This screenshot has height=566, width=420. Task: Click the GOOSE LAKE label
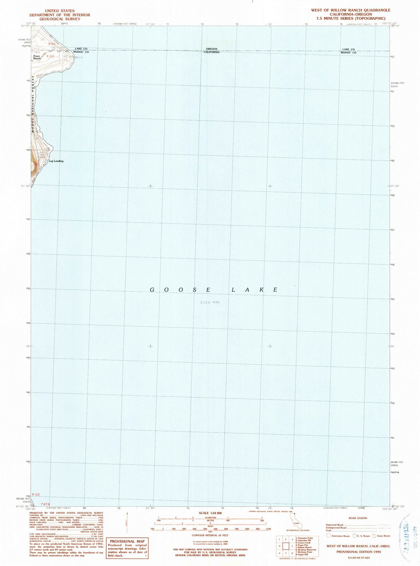214,290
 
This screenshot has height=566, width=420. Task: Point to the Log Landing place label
56,161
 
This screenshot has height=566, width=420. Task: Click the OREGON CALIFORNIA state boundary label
212,50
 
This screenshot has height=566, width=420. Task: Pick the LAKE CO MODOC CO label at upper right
348,51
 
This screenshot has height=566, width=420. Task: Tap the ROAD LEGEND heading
358,518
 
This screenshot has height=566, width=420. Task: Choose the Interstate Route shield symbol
329,536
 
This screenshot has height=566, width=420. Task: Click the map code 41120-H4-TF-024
358,558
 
